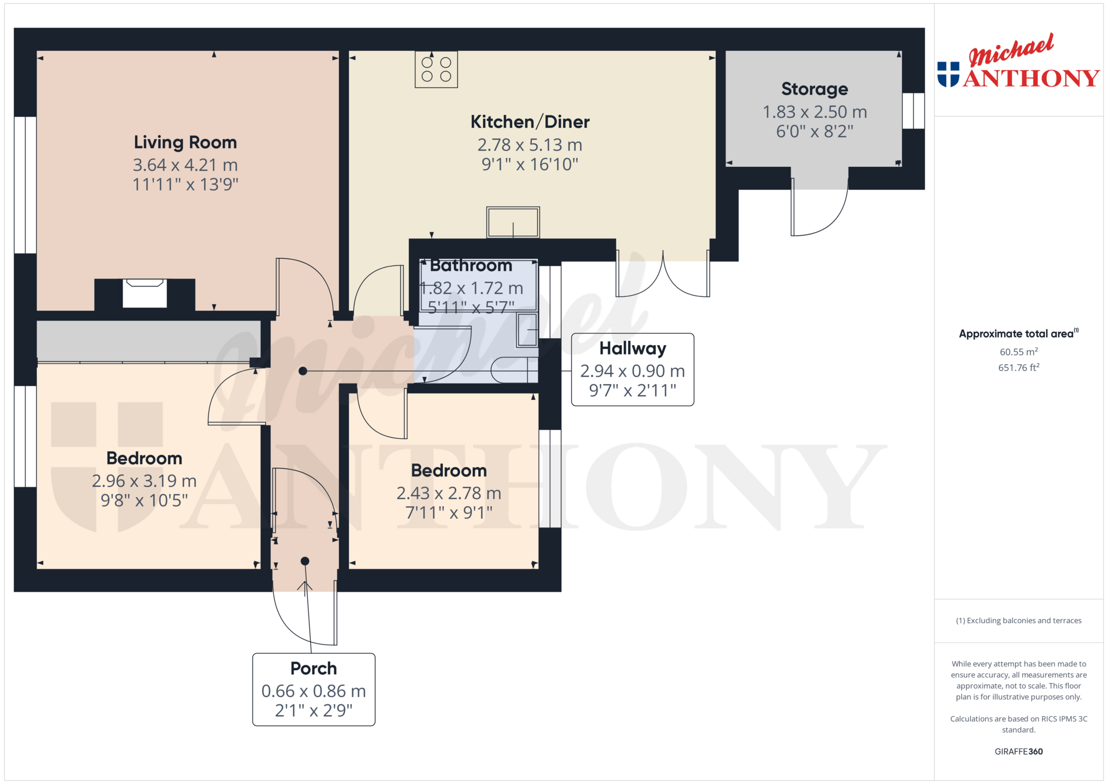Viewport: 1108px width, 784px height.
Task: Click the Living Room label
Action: (185, 143)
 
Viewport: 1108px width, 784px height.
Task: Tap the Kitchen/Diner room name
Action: (530, 122)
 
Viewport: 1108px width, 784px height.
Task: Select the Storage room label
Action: (815, 89)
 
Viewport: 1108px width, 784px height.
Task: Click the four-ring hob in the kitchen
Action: (436, 69)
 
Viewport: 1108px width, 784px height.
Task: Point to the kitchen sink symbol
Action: (513, 222)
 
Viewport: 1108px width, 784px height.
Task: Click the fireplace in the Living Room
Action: (144, 293)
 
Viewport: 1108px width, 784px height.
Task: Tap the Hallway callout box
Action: (633, 369)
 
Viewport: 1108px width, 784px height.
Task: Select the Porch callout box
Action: (314, 689)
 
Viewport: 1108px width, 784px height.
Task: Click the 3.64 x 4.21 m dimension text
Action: (185, 165)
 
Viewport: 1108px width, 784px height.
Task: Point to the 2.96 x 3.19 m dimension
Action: (144, 481)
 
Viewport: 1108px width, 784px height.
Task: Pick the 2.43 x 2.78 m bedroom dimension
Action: (449, 493)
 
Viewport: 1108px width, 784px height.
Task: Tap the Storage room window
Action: (913, 111)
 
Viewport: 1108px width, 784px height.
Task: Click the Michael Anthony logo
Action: (1018, 61)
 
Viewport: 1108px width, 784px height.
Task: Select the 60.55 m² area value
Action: (1019, 352)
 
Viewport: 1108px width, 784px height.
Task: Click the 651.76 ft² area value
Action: (1019, 368)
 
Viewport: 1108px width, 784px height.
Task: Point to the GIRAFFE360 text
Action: (1019, 752)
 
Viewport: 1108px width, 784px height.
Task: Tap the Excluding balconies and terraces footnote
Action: (1019, 620)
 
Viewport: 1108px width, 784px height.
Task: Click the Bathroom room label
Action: (471, 266)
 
